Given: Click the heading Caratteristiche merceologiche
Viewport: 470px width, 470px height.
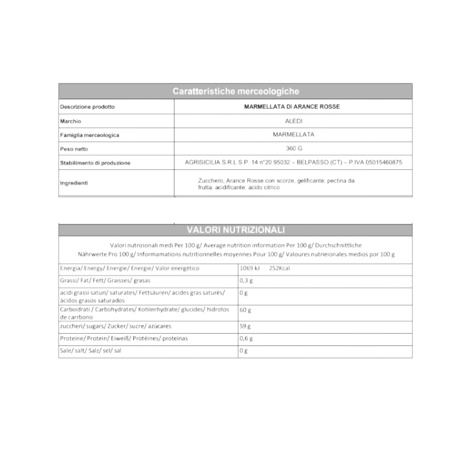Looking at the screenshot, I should click(236, 91).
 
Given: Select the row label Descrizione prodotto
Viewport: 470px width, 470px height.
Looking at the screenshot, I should click(87, 107).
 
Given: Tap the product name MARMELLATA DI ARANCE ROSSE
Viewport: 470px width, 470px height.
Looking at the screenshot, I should click(292, 107).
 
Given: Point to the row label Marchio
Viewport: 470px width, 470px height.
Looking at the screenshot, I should click(70, 121).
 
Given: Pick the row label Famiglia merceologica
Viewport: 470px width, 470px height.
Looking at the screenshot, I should click(89, 135).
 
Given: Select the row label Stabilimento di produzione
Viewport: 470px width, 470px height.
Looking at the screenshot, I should click(95, 163).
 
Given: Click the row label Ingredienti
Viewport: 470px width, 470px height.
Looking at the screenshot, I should click(74, 183).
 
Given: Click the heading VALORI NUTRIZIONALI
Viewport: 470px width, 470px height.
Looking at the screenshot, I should click(236, 229).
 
